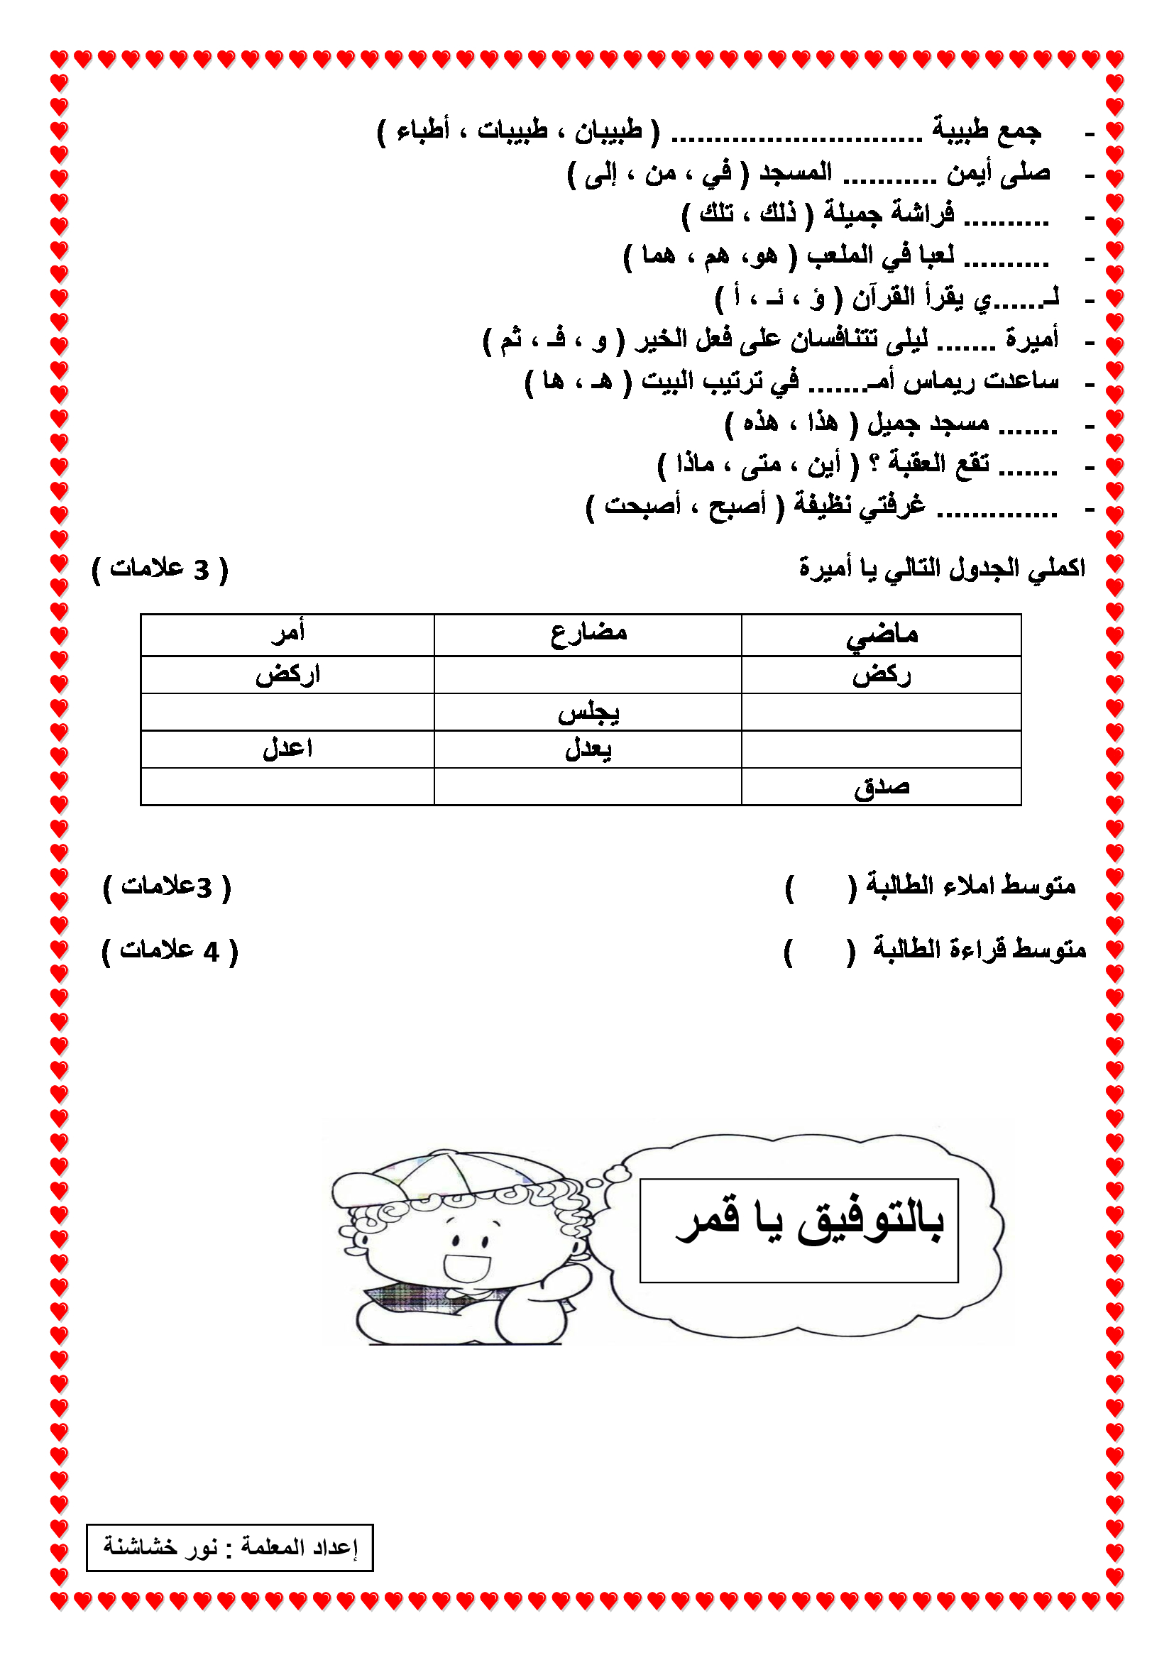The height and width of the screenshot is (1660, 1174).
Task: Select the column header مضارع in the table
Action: (x=588, y=634)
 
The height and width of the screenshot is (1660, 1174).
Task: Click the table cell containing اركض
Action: (x=287, y=675)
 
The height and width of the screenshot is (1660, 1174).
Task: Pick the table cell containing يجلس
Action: (x=588, y=713)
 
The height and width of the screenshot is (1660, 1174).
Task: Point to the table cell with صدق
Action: (x=882, y=786)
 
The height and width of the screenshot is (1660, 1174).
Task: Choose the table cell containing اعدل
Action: (x=287, y=749)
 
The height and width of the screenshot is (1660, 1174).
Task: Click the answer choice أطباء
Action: (x=423, y=131)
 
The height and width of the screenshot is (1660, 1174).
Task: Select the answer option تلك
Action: (x=716, y=214)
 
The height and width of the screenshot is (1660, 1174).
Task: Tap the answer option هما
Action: (x=659, y=255)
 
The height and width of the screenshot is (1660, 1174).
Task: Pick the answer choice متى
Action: (x=760, y=463)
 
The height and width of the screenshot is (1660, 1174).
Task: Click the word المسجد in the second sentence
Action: (x=795, y=172)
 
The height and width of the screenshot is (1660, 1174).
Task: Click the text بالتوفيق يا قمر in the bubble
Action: (x=810, y=1222)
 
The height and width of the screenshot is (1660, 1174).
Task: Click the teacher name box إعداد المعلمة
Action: (x=230, y=1548)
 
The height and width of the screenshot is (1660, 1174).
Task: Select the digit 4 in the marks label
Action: (x=211, y=952)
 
